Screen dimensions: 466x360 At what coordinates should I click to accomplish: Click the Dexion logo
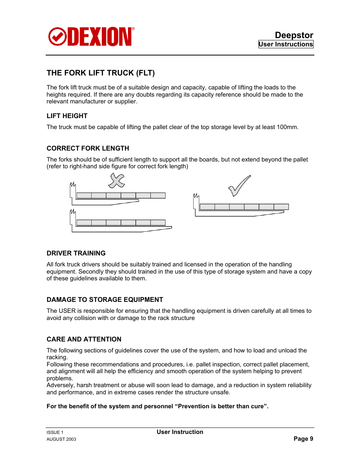91,37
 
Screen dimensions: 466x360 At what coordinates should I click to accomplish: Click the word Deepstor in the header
294,35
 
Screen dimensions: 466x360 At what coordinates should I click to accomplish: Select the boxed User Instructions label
286,44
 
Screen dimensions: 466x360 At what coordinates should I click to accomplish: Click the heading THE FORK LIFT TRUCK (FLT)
101,73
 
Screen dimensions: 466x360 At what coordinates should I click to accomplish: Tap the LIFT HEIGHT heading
67,116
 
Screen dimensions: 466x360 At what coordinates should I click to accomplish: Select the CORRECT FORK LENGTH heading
88,148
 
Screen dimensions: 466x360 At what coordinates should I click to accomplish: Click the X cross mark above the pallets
117,180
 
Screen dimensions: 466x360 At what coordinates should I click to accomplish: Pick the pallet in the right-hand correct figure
244,207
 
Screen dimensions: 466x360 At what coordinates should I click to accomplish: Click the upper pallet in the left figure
121,195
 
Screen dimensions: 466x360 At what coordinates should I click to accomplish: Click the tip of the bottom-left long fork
171,228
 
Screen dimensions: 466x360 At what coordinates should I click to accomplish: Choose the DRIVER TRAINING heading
76,253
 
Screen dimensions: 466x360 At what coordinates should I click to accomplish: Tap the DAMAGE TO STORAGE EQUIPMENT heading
105,300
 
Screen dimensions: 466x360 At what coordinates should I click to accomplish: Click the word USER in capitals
67,311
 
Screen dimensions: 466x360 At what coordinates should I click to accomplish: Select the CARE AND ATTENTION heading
84,339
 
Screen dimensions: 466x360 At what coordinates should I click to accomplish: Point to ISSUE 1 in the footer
55,432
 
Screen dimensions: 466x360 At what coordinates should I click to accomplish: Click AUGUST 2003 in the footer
62,439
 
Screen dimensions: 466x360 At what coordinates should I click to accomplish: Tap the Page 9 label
303,439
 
